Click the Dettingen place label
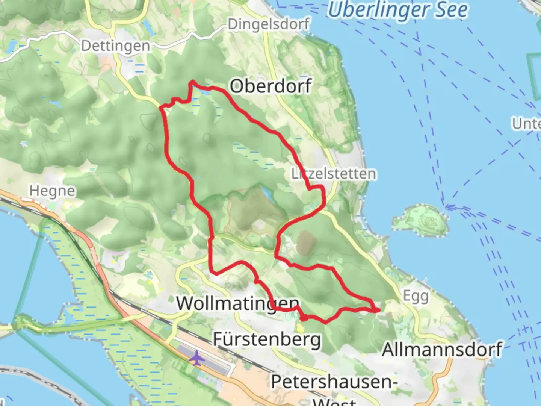[115, 46]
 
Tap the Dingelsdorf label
[269, 24]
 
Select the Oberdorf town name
[270, 86]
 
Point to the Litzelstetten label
[334, 174]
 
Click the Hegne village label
[52, 191]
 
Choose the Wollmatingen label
[238, 303]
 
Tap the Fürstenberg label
[267, 339]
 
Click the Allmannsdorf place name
[442, 350]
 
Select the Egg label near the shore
[416, 296]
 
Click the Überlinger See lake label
[398, 10]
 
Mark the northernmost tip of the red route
[193, 81]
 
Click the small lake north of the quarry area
[268, 193]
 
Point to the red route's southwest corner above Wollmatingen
[213, 272]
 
